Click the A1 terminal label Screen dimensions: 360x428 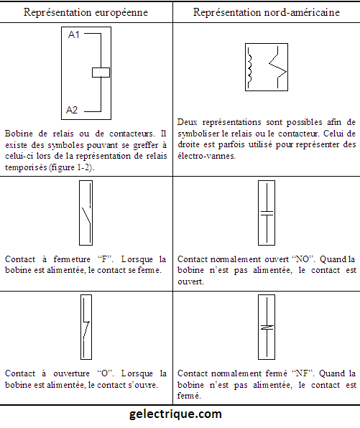pyautogui.click(x=74, y=34)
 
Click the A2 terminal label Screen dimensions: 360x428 pyautogui.click(x=72, y=110)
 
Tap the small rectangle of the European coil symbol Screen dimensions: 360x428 pyautogui.click(x=101, y=73)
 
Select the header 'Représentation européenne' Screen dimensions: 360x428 pyautogui.click(x=86, y=12)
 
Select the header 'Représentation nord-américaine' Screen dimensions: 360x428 pyautogui.click(x=267, y=12)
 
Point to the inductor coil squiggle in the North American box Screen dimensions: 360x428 pyautogui.click(x=249, y=68)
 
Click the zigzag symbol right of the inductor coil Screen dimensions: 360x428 pyautogui.click(x=278, y=68)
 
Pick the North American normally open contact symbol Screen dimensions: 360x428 pyautogui.click(x=267, y=213)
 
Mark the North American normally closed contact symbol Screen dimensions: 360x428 pyautogui.click(x=267, y=327)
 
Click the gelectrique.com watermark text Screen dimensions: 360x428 pyautogui.click(x=175, y=414)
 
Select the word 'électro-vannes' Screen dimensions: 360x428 pyautogui.click(x=206, y=156)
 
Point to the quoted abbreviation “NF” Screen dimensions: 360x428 pyautogui.click(x=303, y=373)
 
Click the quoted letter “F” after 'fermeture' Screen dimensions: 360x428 pyautogui.click(x=106, y=259)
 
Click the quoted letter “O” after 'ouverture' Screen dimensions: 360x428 pyautogui.click(x=106, y=373)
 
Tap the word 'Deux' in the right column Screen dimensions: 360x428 pyautogui.click(x=187, y=122)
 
